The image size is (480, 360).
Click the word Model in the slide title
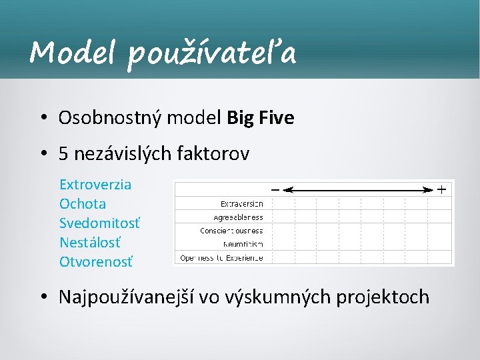(x=72, y=51)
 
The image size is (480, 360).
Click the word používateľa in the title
(x=212, y=53)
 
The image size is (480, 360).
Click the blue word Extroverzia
(x=95, y=184)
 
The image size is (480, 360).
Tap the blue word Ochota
(x=83, y=203)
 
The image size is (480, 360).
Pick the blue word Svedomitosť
(x=100, y=223)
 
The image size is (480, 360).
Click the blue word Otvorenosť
(x=96, y=261)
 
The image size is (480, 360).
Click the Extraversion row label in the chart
(x=241, y=203)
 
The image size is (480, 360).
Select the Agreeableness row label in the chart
(x=238, y=217)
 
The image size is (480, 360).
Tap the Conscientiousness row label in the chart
(x=231, y=230)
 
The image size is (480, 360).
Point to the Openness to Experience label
(x=221, y=257)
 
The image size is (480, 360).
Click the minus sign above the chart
(x=275, y=189)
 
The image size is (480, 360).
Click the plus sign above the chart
(x=441, y=189)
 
